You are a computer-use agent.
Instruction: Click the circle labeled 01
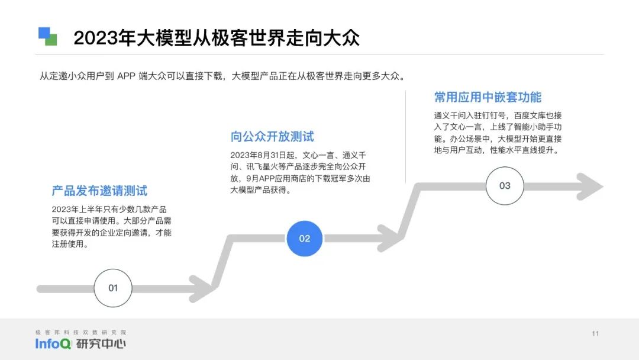112,288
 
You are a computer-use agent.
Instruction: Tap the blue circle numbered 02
304,238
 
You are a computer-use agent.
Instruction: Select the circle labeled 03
505,185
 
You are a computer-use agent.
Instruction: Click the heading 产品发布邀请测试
99,191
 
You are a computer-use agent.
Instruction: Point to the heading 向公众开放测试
272,137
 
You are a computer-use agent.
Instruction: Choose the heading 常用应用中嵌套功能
488,97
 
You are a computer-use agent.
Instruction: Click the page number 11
595,333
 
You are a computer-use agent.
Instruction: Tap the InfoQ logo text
53,344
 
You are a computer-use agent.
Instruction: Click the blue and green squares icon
48,37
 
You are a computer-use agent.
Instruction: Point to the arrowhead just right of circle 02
390,238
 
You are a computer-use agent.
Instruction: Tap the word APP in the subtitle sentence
127,76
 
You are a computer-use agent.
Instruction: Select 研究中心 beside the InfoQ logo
101,344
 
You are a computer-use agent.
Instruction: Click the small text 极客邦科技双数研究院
81,332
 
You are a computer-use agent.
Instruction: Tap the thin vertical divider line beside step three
405,136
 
